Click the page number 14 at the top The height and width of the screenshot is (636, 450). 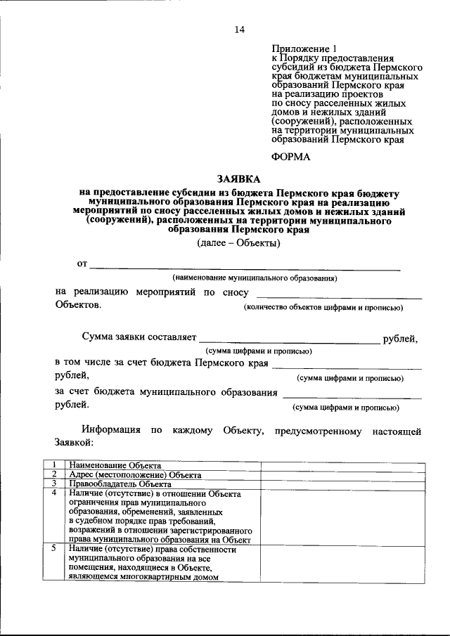point(239,29)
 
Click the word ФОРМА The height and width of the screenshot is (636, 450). point(290,157)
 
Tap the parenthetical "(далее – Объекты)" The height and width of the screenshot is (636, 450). point(238,244)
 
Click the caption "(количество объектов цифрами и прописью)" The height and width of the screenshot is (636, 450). point(323,308)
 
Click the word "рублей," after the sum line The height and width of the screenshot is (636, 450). point(400,339)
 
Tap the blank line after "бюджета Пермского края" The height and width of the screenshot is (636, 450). point(347,366)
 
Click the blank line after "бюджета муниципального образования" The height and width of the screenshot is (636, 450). point(351,395)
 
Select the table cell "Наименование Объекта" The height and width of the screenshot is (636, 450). point(115,465)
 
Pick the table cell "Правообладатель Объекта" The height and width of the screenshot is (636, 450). point(120,484)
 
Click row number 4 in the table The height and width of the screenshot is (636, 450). point(53,493)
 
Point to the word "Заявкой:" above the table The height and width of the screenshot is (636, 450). point(74,443)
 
